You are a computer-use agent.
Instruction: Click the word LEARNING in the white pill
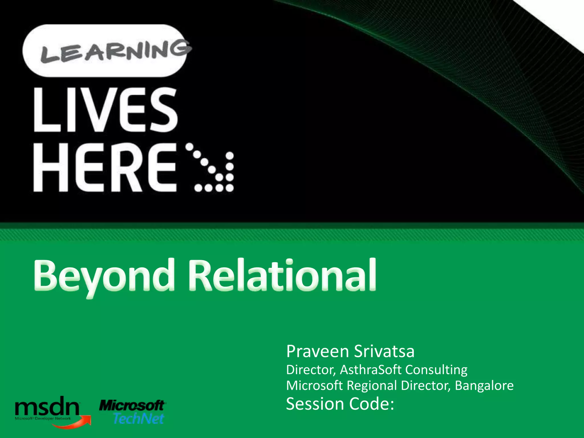115,52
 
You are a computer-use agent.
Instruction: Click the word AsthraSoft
371,370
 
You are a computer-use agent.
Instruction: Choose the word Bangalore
484,386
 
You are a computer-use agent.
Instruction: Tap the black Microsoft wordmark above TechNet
132,405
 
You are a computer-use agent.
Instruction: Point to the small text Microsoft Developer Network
43,419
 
